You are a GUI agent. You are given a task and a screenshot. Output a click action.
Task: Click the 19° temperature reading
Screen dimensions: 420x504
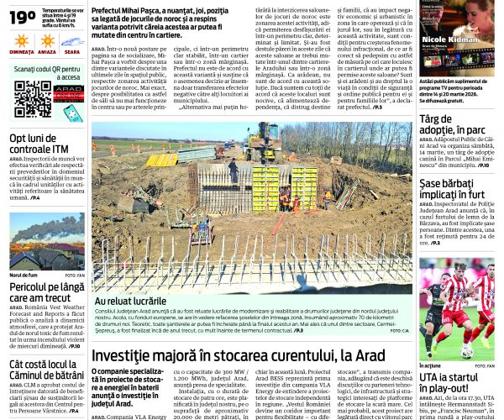(x=22, y=16)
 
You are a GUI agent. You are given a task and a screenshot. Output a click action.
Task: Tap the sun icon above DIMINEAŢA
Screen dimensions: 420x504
(x=22, y=39)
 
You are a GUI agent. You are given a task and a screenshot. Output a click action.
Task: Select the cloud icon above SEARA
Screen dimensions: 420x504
(x=72, y=39)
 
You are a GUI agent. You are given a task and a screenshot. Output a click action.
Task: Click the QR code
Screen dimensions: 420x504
(x=32, y=99)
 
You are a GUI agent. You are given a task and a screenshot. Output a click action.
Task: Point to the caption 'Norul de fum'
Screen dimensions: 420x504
(x=24, y=276)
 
